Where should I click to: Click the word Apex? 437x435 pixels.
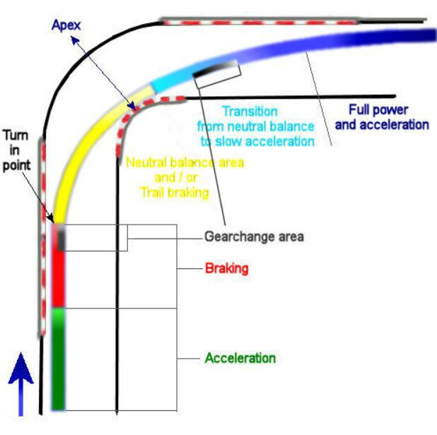[x=66, y=25]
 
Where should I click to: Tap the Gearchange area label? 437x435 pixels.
[x=254, y=237]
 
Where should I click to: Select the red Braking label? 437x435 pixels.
[x=226, y=268]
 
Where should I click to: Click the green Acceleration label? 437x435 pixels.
[x=240, y=358]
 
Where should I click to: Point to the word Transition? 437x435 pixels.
[x=250, y=112]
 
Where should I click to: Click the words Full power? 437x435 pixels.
[x=378, y=109]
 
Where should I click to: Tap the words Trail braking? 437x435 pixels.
[x=175, y=192]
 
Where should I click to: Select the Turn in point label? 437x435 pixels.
[x=16, y=150]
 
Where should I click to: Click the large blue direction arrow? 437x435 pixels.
[x=21, y=384]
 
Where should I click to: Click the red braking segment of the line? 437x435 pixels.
[x=58, y=278]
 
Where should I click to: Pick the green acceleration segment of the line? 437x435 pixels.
[x=58, y=359]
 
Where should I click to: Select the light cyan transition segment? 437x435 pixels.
[x=173, y=78]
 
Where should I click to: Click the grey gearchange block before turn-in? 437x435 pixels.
[x=62, y=238]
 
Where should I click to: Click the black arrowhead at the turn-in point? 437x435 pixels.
[x=51, y=218]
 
